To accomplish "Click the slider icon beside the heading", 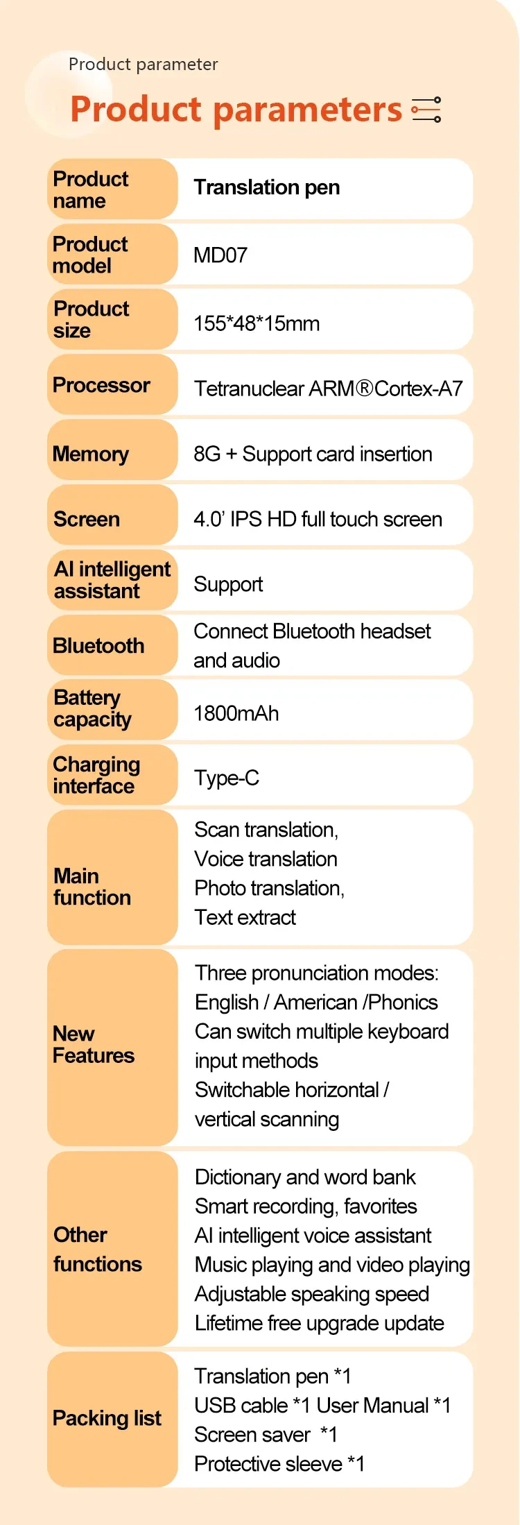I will (426, 110).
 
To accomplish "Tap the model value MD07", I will (220, 255).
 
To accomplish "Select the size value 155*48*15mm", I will (257, 323).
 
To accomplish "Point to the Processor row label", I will (101, 385).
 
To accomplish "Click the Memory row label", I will (91, 454).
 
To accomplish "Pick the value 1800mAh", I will (236, 713).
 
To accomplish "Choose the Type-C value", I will (227, 778).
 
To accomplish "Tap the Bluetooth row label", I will (98, 646).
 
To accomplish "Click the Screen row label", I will (87, 519).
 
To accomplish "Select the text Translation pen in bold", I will (267, 187).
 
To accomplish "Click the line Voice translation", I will (266, 859).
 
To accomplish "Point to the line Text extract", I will (245, 917).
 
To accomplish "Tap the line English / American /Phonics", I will (316, 1003).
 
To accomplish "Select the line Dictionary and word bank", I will (305, 1177).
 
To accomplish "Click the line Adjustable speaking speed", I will (312, 1294).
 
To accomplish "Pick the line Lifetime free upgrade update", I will (319, 1323).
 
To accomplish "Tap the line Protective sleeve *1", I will (279, 1464).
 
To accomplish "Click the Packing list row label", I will (107, 1419).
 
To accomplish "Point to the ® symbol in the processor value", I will (365, 389).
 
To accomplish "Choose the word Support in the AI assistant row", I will (228, 584).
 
